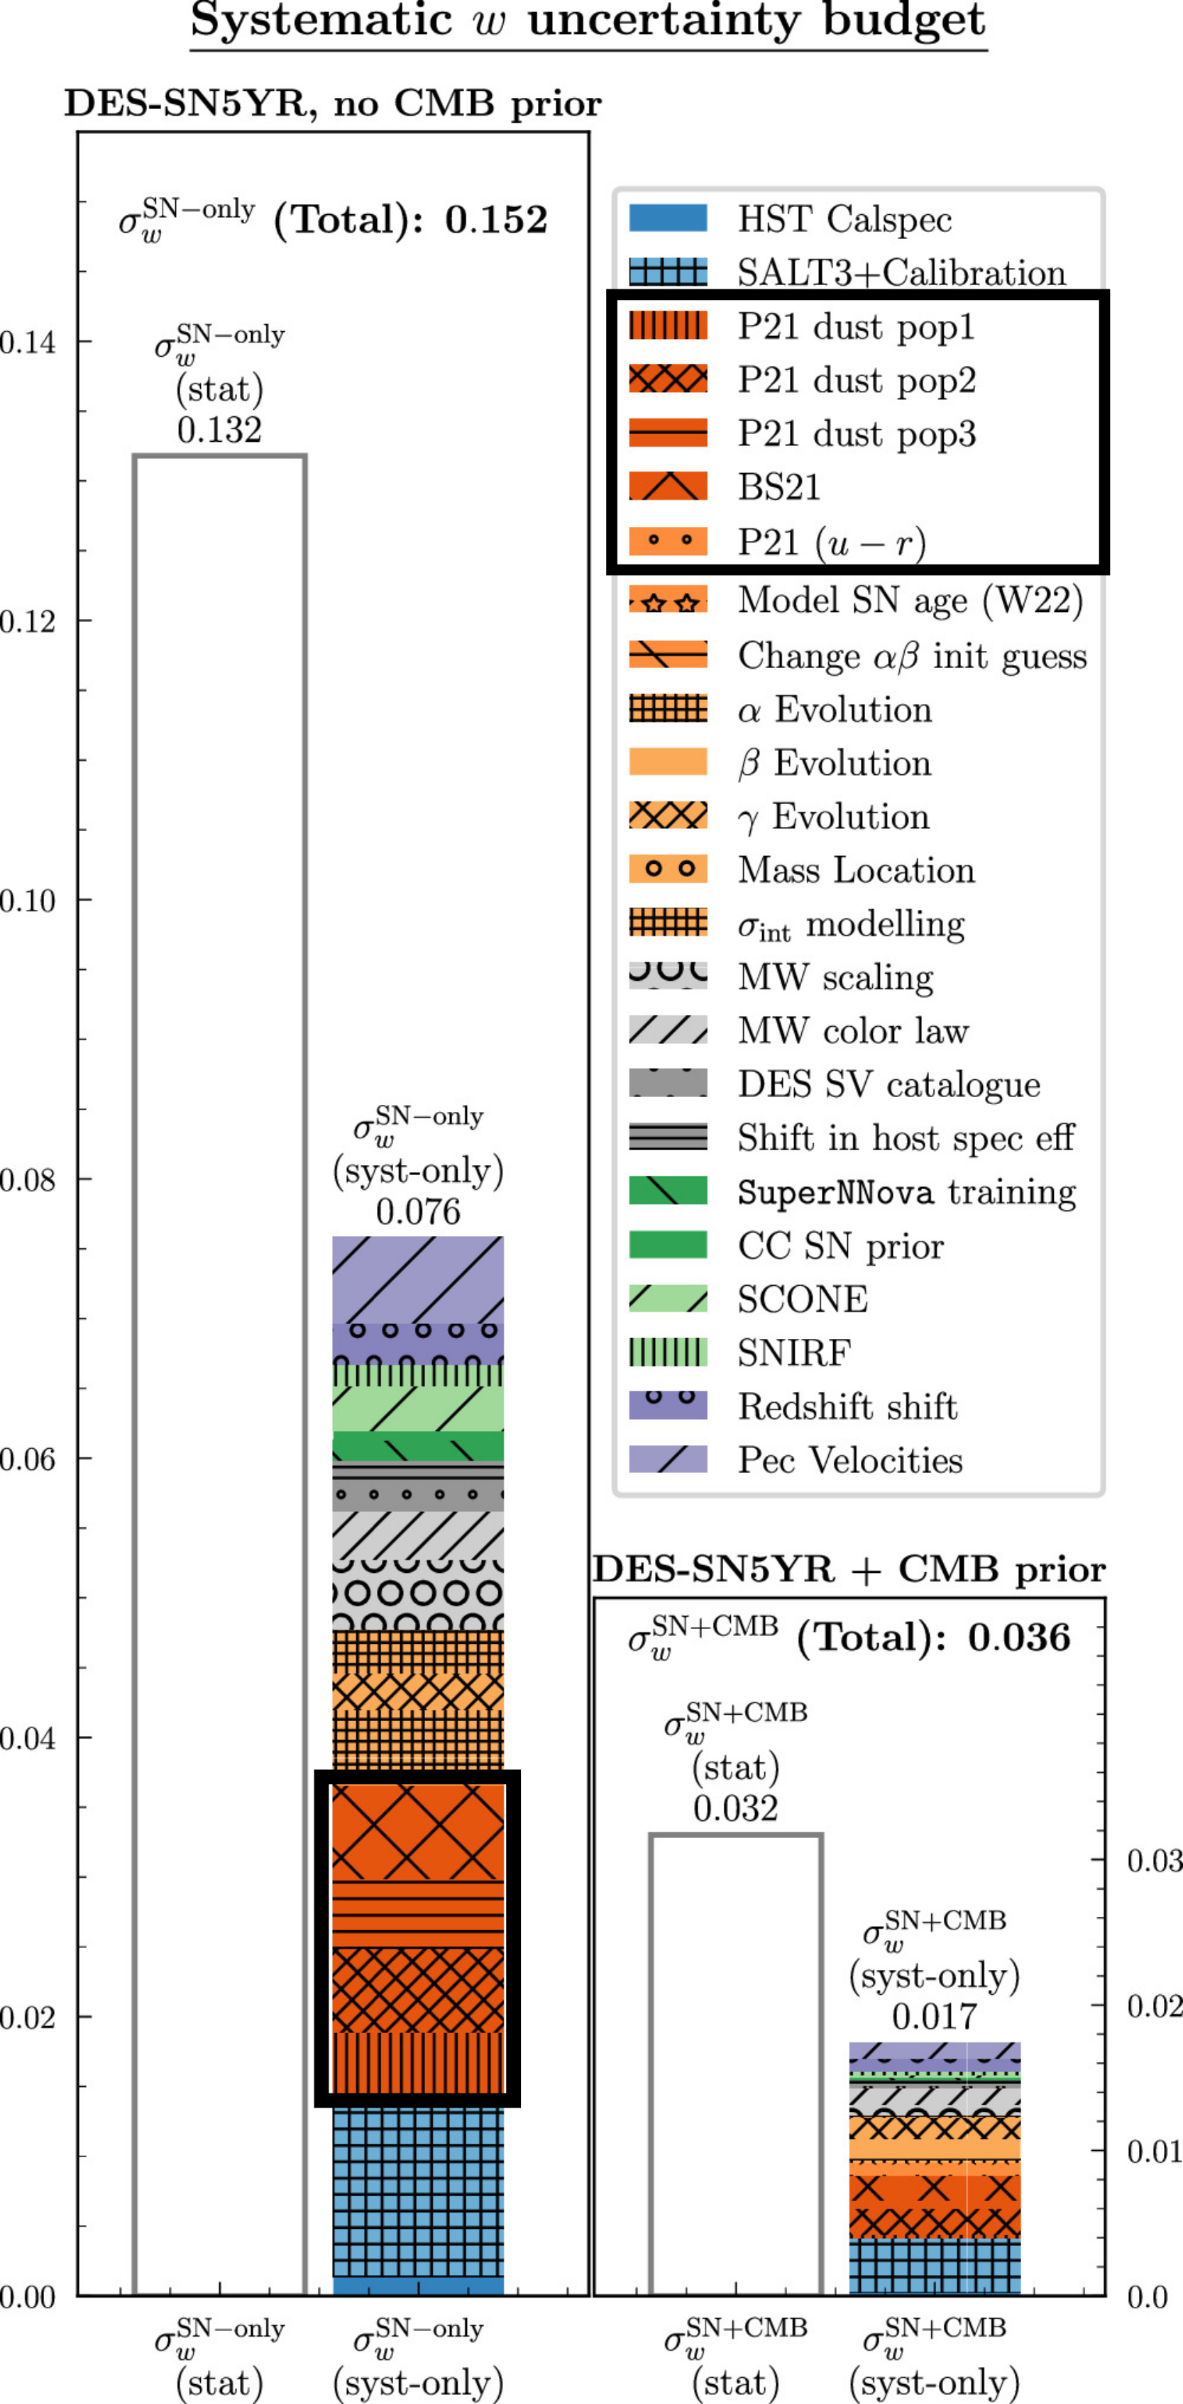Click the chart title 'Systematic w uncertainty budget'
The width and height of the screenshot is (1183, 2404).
tap(588, 21)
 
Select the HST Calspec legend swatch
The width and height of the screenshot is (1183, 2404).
tap(668, 218)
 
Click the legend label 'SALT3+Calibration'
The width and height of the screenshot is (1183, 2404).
tap(901, 272)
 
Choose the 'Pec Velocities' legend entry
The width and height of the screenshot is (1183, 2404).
tap(849, 1459)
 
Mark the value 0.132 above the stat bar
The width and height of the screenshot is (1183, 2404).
tap(219, 430)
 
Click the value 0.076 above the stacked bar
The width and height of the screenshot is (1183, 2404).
tap(418, 1211)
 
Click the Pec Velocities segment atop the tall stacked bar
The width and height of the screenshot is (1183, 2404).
tap(418, 1279)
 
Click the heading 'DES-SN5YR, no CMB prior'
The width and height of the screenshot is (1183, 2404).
tap(332, 104)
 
